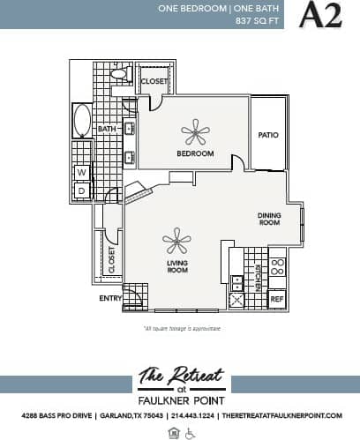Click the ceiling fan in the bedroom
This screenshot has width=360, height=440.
click(x=195, y=133)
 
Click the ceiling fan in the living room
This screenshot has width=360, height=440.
click(x=176, y=240)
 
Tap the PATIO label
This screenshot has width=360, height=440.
click(x=268, y=135)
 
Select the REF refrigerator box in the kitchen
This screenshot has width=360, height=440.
click(x=276, y=300)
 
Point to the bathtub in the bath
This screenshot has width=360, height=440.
click(x=82, y=122)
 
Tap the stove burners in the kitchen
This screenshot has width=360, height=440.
click(x=277, y=270)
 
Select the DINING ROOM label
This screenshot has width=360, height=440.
click(x=268, y=219)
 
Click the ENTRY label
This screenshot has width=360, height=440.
click(x=110, y=298)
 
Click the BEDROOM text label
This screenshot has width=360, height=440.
click(x=195, y=153)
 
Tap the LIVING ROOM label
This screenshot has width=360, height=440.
click(x=177, y=265)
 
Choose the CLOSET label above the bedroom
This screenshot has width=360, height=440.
click(x=154, y=81)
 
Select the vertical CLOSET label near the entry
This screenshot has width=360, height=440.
click(x=111, y=260)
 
